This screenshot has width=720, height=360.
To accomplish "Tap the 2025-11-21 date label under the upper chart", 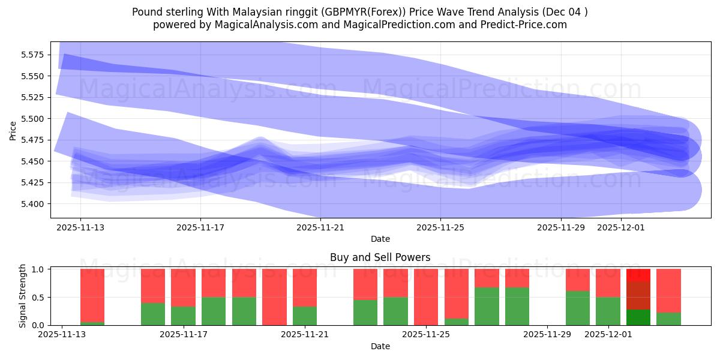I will point(320,227).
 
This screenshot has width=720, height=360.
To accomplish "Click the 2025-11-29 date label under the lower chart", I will point(547,335).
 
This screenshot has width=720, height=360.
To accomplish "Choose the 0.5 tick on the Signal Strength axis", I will point(39,298).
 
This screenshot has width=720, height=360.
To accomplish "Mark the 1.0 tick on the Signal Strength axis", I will point(39,269).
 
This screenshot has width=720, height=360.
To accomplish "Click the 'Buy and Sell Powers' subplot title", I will point(380,257).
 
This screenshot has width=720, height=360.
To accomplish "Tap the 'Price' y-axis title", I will point(13,130).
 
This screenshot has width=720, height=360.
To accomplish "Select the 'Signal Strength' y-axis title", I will point(22,296).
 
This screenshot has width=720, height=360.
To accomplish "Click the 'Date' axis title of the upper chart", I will point(380,239).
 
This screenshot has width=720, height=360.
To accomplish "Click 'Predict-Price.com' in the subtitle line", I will point(524,25).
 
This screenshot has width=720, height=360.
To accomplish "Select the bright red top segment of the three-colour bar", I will point(638,275).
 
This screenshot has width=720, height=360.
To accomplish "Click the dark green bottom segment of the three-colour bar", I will point(638,317).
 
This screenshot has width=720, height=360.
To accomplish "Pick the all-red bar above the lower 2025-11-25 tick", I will point(425,297).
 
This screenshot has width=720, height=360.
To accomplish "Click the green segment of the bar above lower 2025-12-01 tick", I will point(608,311).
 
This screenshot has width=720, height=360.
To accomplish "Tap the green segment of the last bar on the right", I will point(668,319).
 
